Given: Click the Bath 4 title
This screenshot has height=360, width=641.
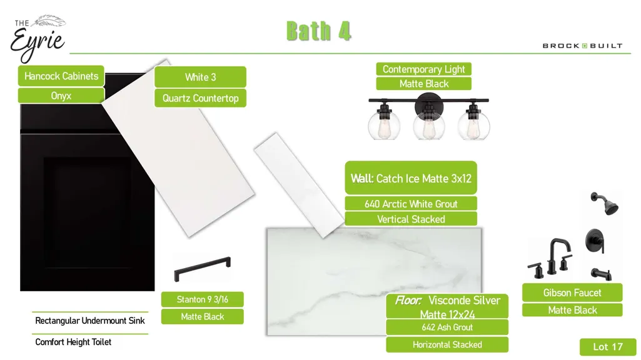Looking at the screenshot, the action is [318, 31].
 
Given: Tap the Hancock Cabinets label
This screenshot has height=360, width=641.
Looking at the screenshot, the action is [61, 76].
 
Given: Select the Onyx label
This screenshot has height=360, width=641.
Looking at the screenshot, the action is [61, 96].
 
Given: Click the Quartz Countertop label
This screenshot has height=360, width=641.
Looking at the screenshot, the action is [200, 98].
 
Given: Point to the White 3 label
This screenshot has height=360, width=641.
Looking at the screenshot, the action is [200, 77].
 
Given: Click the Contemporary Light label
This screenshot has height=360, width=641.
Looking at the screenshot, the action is [424, 69].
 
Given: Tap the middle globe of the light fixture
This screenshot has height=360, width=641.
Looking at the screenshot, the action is [428, 125].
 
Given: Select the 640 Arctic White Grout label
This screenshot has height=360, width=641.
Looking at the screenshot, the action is [411, 204].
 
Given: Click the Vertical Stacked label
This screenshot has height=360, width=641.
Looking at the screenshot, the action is [411, 219].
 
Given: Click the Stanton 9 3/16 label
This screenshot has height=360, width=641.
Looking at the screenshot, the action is [203, 299].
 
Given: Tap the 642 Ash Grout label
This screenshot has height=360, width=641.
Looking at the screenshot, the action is [447, 327].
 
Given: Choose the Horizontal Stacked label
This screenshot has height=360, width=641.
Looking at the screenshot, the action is [447, 344].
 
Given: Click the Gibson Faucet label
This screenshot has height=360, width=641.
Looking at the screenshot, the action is [572, 292].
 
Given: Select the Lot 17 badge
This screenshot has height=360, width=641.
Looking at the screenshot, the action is [608, 347].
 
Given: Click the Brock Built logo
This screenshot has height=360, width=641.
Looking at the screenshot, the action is [583, 46].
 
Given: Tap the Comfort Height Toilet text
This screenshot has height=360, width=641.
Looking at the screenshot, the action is [73, 342].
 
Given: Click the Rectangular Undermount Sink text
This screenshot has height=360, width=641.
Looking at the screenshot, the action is [90, 321].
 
